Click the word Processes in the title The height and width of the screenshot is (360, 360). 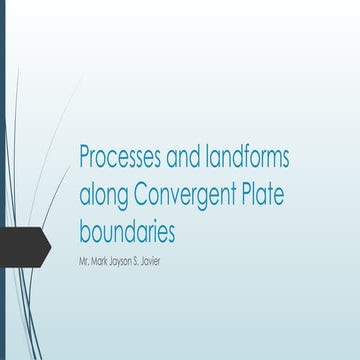122,157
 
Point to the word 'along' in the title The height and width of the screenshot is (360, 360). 103,195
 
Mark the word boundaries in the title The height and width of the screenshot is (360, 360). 127,232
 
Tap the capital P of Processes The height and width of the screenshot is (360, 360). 85,157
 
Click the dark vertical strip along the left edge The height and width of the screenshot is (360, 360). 2,120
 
